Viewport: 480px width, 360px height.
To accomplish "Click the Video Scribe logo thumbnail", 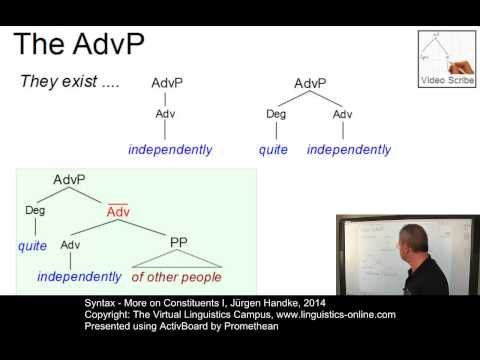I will (445, 59).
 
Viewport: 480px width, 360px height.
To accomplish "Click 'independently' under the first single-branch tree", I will (170, 150).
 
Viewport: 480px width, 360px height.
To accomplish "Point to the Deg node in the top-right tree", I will (276, 114).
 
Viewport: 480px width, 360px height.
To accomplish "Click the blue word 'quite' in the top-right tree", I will (273, 150).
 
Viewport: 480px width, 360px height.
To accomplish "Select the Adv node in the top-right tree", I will (343, 114).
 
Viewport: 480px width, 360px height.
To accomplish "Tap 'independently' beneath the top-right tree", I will (349, 150).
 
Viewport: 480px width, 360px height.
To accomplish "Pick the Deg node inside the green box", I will (35, 211).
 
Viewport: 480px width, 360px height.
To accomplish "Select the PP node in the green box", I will (178, 243).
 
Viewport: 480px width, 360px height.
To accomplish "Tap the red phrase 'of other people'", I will (177, 276).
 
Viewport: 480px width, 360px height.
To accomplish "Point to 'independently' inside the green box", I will (79, 276).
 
